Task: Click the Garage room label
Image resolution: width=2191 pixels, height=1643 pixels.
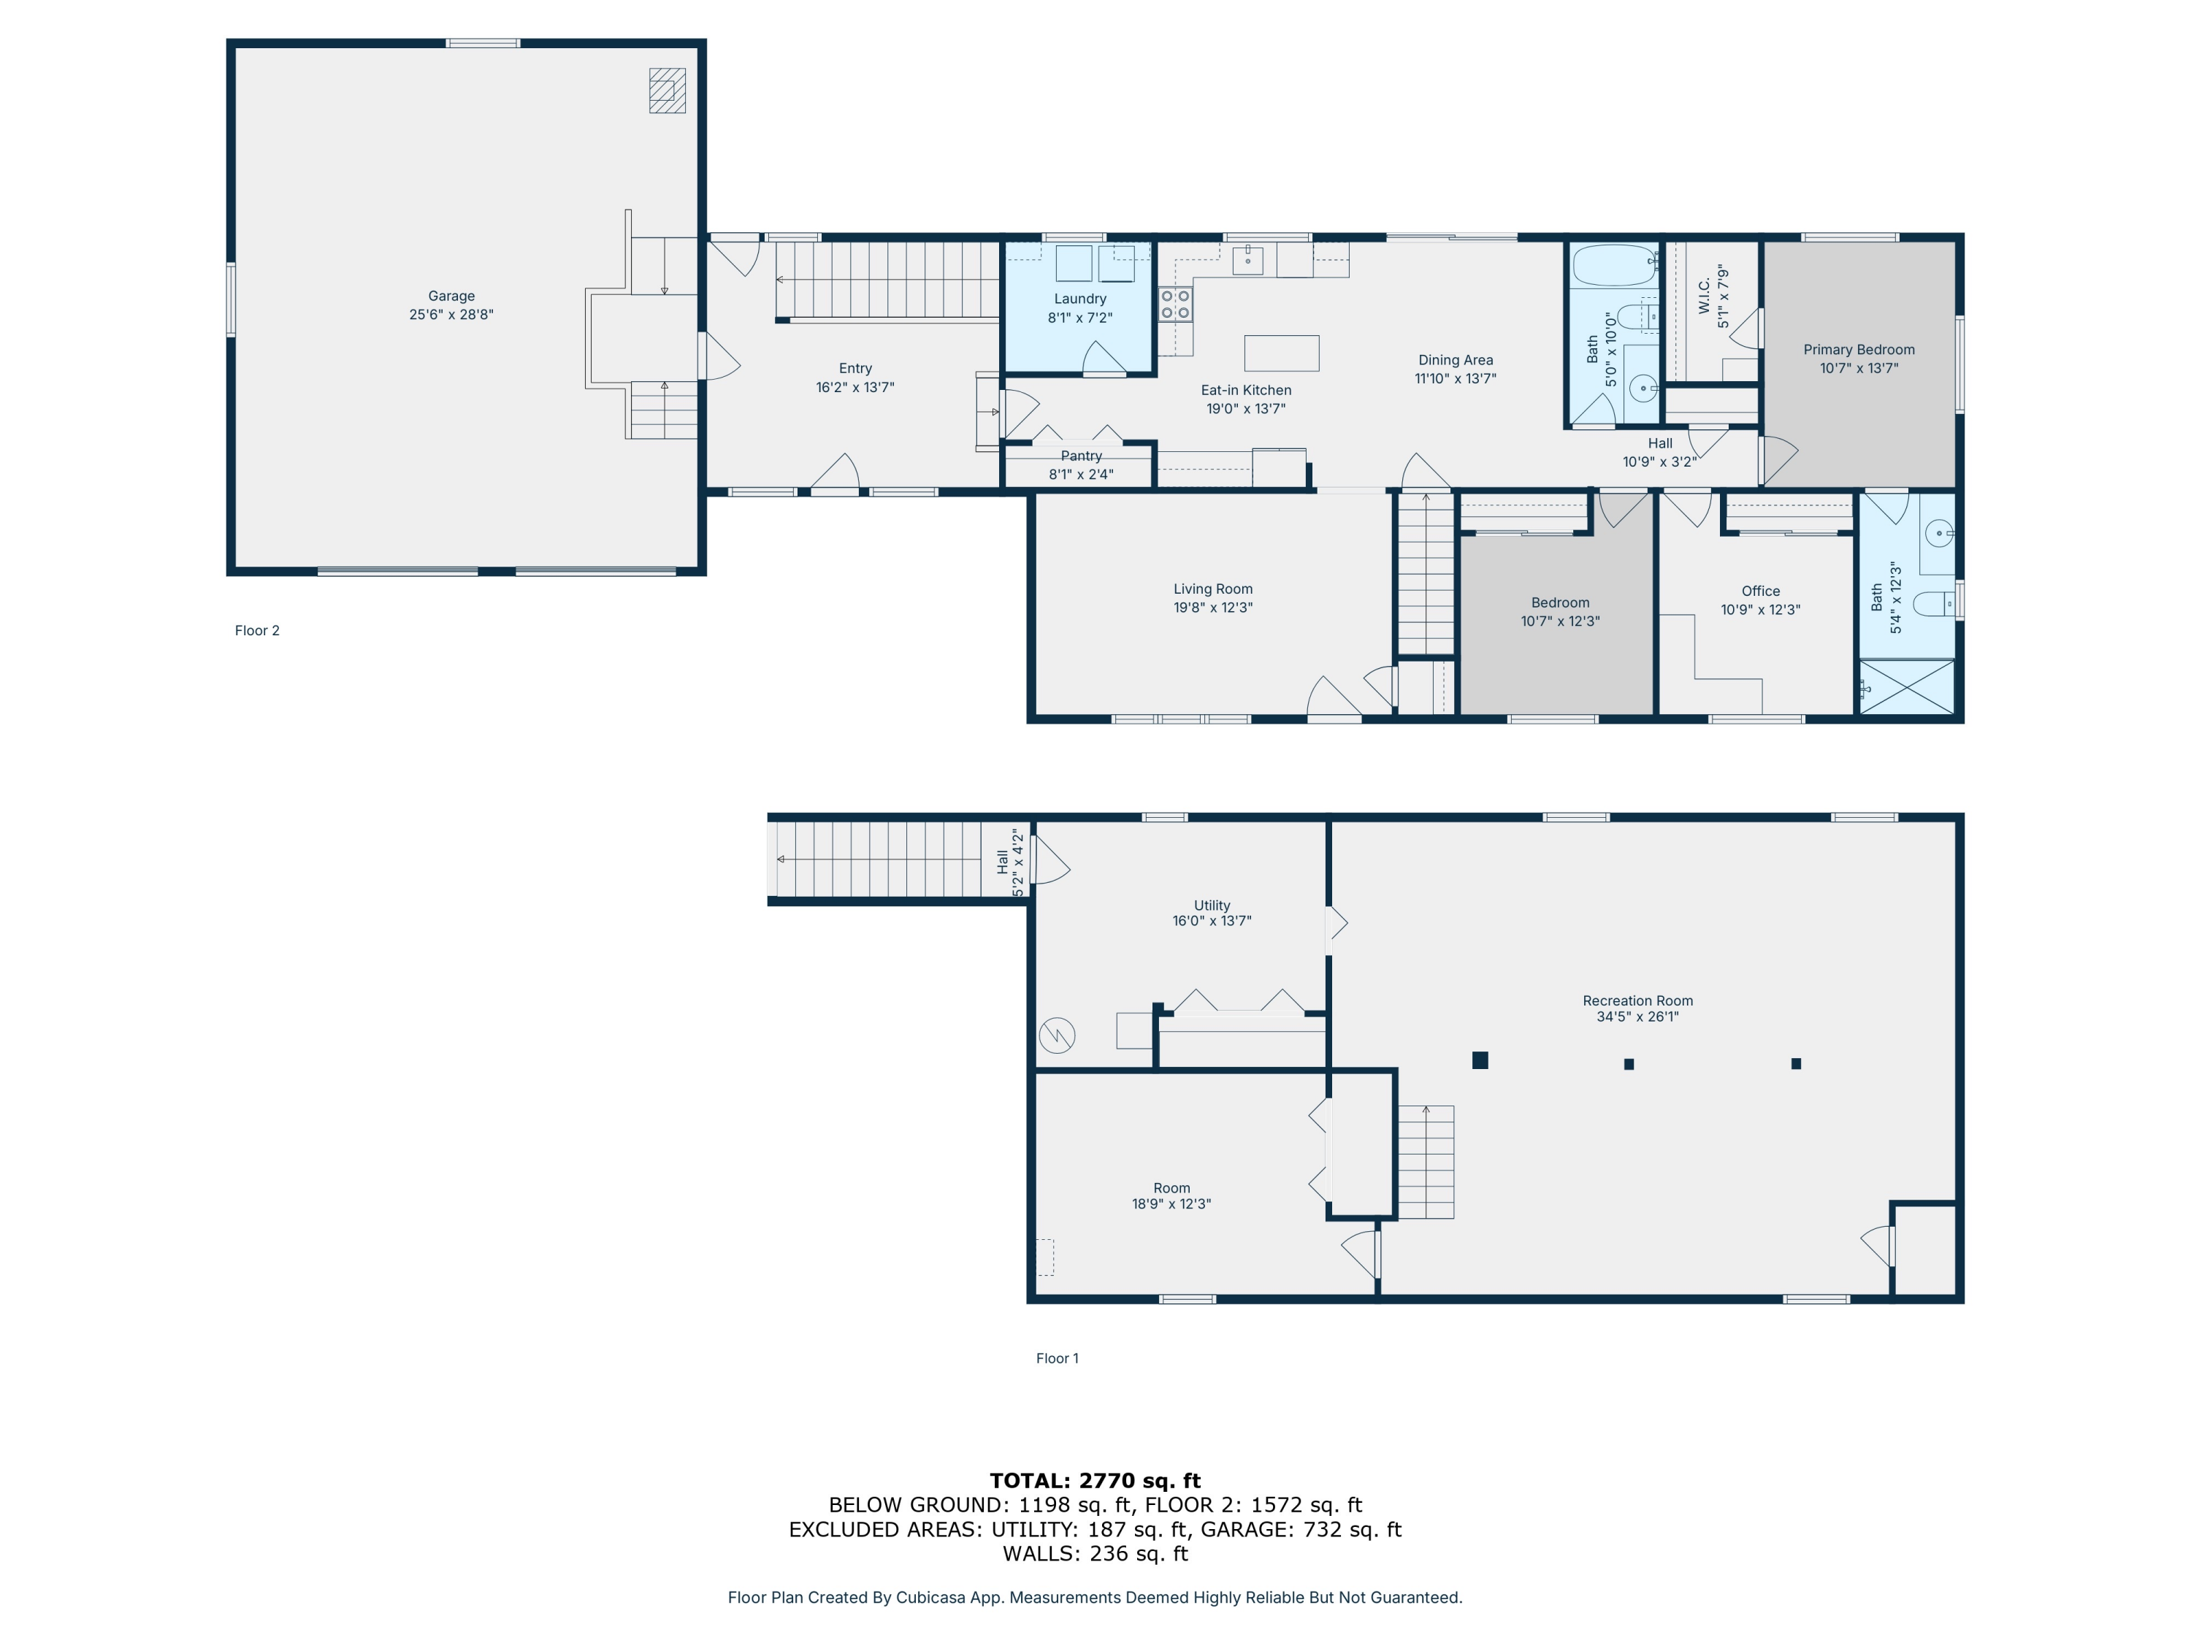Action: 451,296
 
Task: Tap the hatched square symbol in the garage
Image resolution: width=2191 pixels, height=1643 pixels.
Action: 667,91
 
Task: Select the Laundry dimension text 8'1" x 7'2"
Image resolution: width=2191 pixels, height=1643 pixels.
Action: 1079,318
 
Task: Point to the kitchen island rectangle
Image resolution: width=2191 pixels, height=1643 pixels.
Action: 1281,353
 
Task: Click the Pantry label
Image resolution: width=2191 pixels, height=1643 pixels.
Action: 1081,456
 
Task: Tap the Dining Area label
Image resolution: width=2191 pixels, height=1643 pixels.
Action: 1454,361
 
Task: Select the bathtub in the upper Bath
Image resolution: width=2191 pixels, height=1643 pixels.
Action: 1615,264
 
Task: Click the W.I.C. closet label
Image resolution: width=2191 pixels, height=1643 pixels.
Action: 1705,296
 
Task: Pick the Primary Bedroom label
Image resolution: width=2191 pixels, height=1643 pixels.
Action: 1858,350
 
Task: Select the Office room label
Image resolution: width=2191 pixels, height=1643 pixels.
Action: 1760,591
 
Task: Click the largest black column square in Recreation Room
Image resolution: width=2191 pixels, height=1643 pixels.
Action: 1480,1061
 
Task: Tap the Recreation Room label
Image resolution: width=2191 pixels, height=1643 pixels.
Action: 1637,1001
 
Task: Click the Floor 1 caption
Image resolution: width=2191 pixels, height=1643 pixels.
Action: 1057,1357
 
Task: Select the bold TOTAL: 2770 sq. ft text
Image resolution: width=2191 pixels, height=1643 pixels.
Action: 1095,1481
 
